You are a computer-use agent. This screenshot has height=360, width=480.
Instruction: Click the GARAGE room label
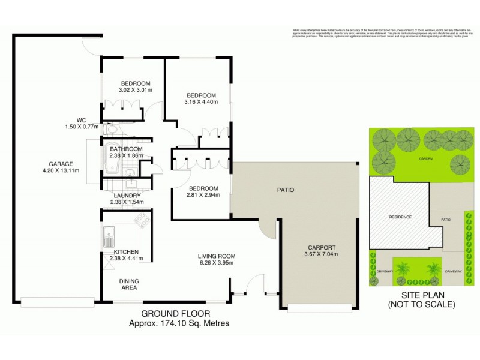(61, 164)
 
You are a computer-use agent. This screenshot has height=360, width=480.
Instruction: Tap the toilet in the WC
(111, 129)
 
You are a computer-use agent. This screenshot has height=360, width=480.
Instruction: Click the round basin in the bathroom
(130, 172)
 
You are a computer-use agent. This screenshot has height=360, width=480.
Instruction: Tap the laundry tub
(135, 185)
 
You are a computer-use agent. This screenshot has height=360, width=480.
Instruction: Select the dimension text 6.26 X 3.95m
(216, 262)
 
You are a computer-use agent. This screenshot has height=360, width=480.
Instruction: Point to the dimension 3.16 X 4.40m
(201, 102)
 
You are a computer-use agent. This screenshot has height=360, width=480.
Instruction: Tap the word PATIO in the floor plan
(286, 190)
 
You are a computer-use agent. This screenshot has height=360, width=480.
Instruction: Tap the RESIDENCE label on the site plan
(400, 217)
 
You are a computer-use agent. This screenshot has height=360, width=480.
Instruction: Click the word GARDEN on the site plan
(426, 159)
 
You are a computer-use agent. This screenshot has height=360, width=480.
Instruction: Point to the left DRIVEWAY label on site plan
(384, 272)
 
